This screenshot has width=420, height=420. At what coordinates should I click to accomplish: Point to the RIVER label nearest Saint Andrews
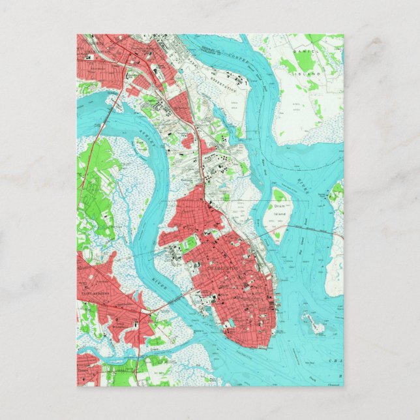coord(158,285)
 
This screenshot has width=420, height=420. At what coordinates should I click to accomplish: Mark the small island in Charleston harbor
coord(312,322)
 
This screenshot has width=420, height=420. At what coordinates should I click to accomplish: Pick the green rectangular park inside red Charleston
coord(189,244)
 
